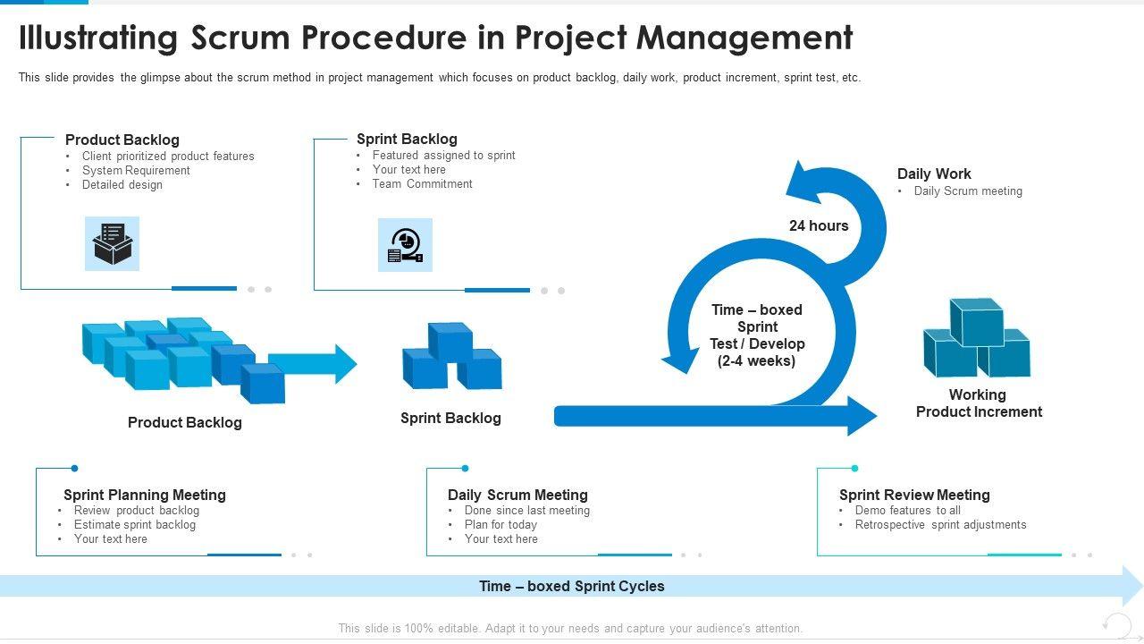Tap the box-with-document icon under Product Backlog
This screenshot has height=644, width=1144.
pyautogui.click(x=113, y=244)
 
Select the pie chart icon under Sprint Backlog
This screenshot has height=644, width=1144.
pyautogui.click(x=405, y=245)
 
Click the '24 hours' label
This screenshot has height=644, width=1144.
pyautogui.click(x=819, y=225)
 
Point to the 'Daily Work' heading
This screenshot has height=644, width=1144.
pyautogui.click(x=934, y=174)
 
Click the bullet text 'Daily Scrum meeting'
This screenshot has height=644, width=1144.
pyautogui.click(x=968, y=191)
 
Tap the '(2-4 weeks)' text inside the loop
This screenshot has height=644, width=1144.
pyautogui.click(x=756, y=360)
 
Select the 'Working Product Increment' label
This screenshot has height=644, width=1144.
pyautogui.click(x=979, y=403)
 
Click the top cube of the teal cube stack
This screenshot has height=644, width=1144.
pyautogui.click(x=977, y=322)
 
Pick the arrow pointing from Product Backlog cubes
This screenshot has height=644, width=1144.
pyautogui.click(x=313, y=364)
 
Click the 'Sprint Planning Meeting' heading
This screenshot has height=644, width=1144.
pyautogui.click(x=145, y=495)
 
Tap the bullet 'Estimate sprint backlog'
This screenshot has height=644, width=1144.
pyautogui.click(x=135, y=525)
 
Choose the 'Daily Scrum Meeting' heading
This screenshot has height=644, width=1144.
pyautogui.click(x=517, y=495)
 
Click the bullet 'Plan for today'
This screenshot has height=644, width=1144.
pyautogui.click(x=501, y=525)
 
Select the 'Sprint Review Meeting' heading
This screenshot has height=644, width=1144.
pyautogui.click(x=914, y=495)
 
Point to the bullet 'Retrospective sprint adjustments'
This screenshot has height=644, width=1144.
pyautogui.click(x=941, y=525)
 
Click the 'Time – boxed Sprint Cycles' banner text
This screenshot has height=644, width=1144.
pyautogui.click(x=572, y=586)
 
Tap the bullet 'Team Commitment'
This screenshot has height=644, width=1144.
pyautogui.click(x=423, y=184)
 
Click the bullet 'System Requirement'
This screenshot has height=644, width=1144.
pyautogui.click(x=136, y=171)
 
